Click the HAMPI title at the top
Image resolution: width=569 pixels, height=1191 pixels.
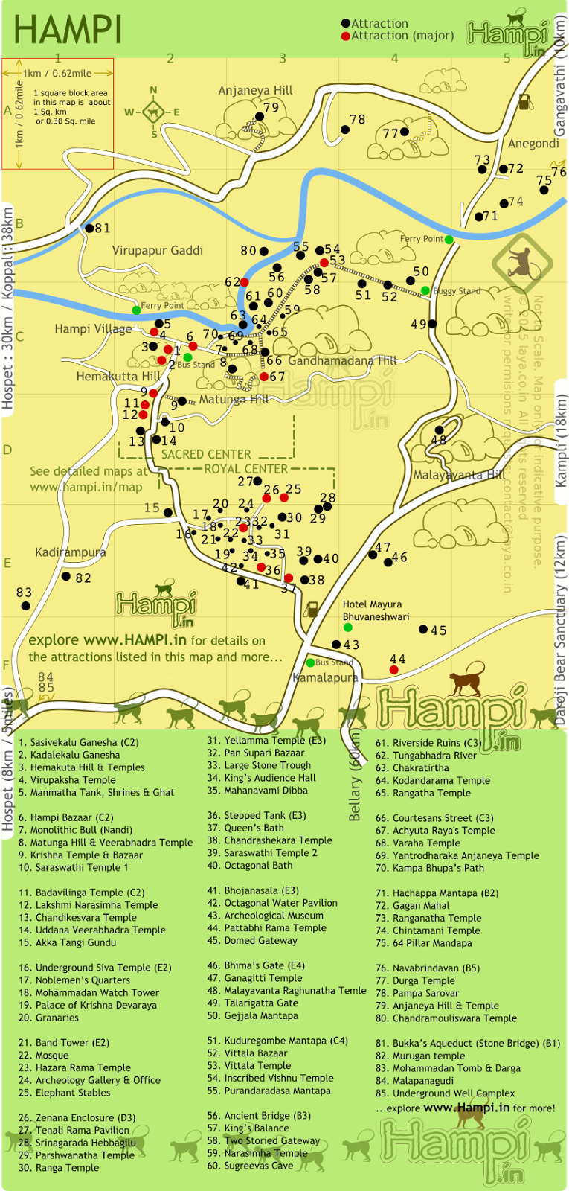coord(68,31)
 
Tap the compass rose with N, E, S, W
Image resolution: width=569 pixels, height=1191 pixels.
coord(154,113)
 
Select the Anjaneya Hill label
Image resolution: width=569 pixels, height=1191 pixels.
coord(255,91)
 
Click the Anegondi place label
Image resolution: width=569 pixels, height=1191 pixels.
coord(533,144)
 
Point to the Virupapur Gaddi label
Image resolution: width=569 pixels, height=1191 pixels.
coord(158,251)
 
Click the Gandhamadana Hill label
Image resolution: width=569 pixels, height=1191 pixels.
coord(342,361)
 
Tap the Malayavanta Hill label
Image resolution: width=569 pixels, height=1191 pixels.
coord(459,475)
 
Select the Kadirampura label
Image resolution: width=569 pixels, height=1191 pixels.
coord(71,552)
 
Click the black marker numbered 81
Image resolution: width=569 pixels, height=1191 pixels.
coord(89,229)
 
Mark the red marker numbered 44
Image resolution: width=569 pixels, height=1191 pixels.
coord(393,670)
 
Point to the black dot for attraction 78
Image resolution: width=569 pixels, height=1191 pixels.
coord(345,130)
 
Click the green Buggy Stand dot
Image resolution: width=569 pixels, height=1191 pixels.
coord(425,290)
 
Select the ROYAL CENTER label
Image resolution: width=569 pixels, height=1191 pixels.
coord(245,469)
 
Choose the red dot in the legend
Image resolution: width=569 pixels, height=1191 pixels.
coord(345,36)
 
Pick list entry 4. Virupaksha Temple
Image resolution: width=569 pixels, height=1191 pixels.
coord(67,780)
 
